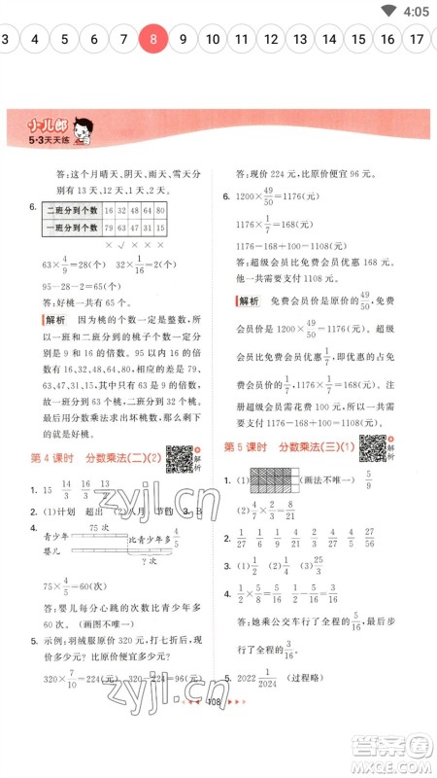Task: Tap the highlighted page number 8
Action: (x=153, y=40)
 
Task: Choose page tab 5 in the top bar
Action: (x=64, y=40)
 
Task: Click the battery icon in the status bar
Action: (x=390, y=11)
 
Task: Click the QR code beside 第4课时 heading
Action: (x=178, y=457)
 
